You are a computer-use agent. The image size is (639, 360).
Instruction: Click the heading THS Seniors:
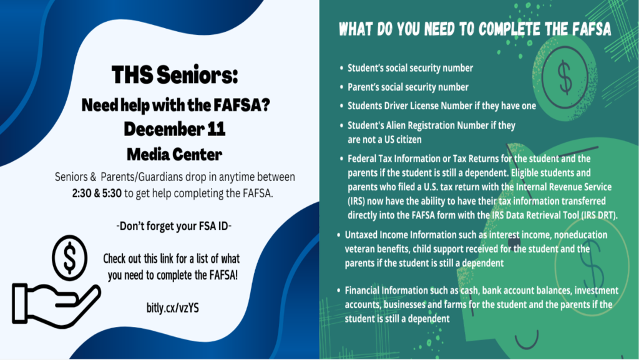(x=175, y=76)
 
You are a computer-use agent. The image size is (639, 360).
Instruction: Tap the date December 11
(x=175, y=129)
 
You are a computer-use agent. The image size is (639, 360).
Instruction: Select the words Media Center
(x=175, y=152)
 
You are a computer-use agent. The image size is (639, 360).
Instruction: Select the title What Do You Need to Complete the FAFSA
(x=474, y=29)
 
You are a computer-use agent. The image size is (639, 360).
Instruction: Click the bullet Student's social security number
(x=410, y=68)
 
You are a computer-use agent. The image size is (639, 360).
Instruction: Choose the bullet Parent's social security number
(x=407, y=87)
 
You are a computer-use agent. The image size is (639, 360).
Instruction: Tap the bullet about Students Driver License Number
(x=441, y=106)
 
